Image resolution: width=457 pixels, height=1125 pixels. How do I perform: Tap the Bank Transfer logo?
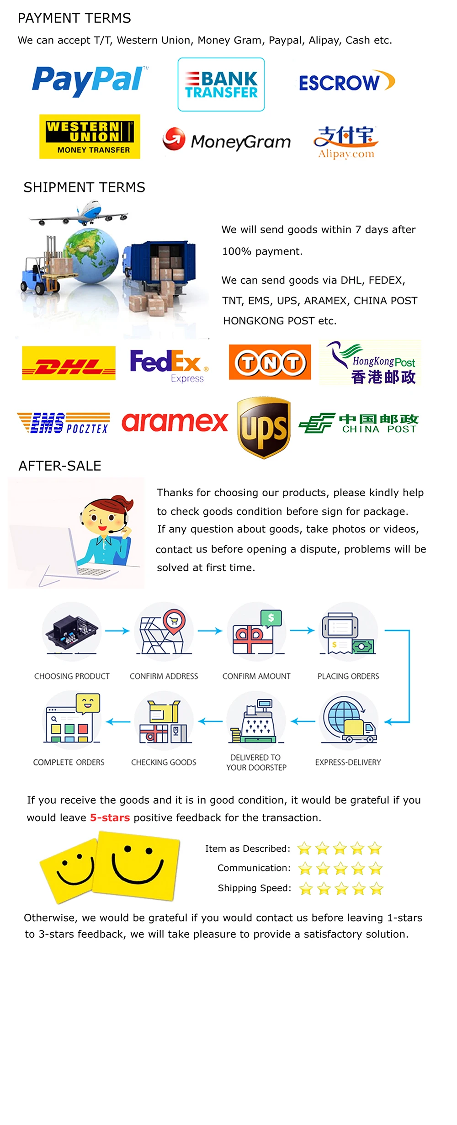pos(221,85)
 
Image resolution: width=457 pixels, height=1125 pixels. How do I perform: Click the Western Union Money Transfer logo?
pos(90,137)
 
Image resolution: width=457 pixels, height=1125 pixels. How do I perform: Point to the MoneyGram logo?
pos(227,140)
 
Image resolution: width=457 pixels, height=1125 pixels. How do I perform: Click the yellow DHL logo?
pos(69,363)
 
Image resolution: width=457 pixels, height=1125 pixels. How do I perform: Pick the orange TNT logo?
pos(270,362)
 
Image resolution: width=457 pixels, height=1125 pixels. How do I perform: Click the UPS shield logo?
pos(264,427)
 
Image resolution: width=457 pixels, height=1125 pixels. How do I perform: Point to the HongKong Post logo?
pos(370,363)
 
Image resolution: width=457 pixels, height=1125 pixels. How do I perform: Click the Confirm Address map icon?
pos(163,631)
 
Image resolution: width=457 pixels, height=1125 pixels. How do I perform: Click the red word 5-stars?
pos(110,817)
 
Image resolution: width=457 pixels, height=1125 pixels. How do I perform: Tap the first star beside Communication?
pos(305,868)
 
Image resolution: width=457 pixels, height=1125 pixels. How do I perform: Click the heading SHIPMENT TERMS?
pos(85,187)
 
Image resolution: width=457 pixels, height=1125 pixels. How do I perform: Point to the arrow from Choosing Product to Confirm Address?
pos(117,631)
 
